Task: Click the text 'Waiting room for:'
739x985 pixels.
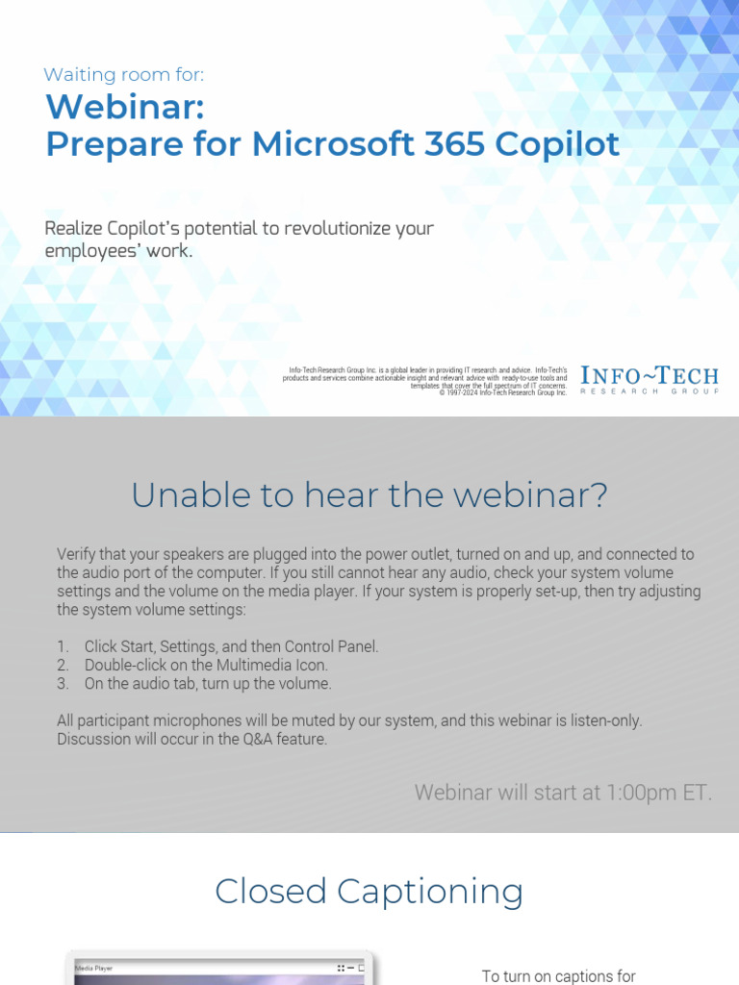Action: point(124,75)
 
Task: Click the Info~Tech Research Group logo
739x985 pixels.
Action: point(650,380)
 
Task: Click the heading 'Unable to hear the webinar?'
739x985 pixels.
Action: point(369,495)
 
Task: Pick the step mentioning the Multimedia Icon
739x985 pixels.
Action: point(205,665)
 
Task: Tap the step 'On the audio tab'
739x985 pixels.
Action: point(207,684)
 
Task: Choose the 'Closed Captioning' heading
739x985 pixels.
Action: point(369,891)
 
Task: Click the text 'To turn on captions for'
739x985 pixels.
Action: point(559,975)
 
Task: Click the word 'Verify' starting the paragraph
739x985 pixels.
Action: point(77,554)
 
